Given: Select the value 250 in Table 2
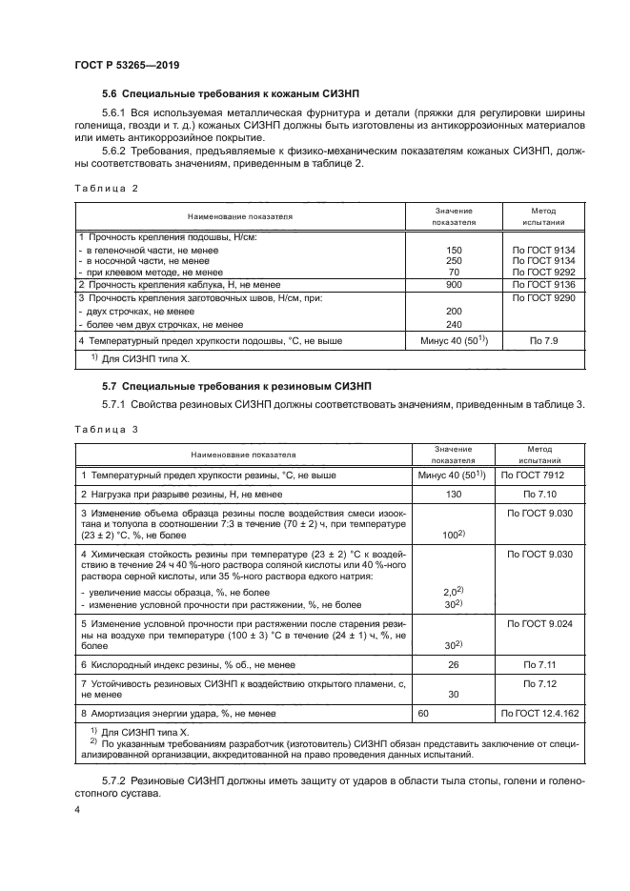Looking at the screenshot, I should [x=454, y=260].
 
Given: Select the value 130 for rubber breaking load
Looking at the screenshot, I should [x=454, y=494].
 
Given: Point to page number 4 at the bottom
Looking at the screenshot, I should [x=77, y=811].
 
